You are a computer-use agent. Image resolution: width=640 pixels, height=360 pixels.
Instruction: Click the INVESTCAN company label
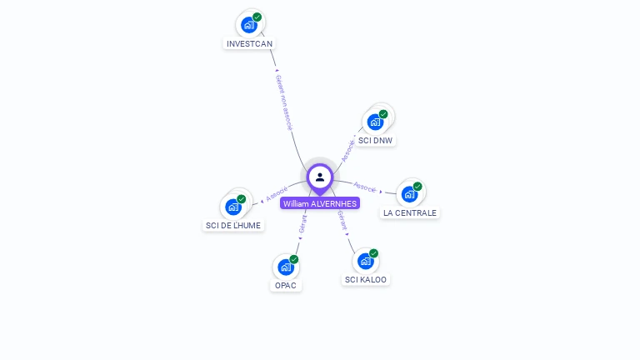click(249, 43)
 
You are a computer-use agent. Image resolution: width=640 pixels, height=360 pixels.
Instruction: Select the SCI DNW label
click(375, 140)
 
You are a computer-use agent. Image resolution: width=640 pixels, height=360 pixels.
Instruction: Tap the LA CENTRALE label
click(409, 212)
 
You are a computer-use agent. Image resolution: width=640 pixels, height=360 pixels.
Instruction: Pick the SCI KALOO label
click(366, 280)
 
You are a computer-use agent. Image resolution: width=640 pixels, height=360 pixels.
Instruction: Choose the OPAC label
click(286, 285)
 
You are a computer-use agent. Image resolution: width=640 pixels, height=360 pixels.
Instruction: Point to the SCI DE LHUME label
click(233, 225)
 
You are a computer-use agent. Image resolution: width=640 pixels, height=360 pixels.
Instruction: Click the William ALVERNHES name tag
click(320, 203)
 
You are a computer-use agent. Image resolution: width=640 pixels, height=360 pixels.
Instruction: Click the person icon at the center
click(320, 177)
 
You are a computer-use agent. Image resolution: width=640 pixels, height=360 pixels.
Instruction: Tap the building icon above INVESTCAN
click(248, 25)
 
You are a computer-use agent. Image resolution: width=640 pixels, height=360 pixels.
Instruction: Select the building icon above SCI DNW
click(375, 122)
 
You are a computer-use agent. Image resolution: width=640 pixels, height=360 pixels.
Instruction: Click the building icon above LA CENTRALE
click(409, 194)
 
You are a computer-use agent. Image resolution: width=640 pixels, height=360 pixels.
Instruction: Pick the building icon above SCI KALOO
click(365, 261)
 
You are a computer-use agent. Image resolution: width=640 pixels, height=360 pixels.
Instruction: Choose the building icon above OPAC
click(285, 267)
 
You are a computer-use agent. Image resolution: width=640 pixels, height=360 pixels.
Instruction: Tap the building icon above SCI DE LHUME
click(232, 207)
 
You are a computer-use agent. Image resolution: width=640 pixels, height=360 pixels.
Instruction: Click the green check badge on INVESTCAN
click(257, 17)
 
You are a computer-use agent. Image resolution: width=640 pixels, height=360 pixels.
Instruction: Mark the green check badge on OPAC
click(293, 259)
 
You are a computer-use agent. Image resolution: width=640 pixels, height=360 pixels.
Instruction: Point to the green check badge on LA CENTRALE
click(417, 187)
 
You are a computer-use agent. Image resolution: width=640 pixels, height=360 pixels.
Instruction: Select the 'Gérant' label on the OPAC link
click(302, 222)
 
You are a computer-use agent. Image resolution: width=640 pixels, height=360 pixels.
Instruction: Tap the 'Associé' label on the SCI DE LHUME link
click(277, 193)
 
